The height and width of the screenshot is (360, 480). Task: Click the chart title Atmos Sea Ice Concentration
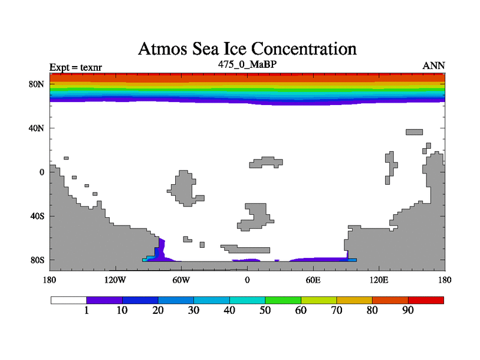(x=247, y=49)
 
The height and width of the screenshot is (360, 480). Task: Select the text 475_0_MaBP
(x=247, y=63)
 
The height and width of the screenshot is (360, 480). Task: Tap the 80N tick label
(x=38, y=84)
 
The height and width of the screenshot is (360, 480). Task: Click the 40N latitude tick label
(x=38, y=128)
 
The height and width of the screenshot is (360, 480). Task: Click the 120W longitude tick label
(x=115, y=280)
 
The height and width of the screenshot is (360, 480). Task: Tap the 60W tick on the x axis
(x=181, y=280)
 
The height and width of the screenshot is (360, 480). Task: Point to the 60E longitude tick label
(x=313, y=280)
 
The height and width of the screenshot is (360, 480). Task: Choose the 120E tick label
(x=379, y=280)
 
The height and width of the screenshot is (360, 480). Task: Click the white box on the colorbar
(x=68, y=299)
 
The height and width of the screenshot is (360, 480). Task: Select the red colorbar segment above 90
(x=426, y=299)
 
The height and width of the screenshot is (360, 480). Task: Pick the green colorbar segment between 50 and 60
(x=283, y=299)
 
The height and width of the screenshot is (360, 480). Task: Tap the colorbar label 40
(x=230, y=310)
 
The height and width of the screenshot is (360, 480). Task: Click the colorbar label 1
(x=87, y=310)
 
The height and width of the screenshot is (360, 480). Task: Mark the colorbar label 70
(x=337, y=310)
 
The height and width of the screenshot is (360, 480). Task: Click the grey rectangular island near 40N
(x=415, y=132)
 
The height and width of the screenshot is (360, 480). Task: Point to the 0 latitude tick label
(x=42, y=172)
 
